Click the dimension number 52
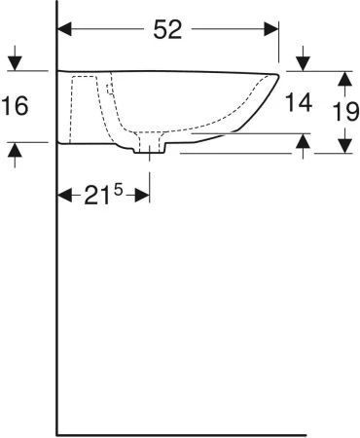coord(167,29)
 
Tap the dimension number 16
coord(15,106)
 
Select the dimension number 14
coord(299,102)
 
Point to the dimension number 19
coord(345,112)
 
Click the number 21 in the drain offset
coord(96,196)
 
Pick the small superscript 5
coord(119,191)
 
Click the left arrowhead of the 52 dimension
coord(64,29)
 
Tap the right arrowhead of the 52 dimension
coord(271,29)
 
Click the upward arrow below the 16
coord(15,155)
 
